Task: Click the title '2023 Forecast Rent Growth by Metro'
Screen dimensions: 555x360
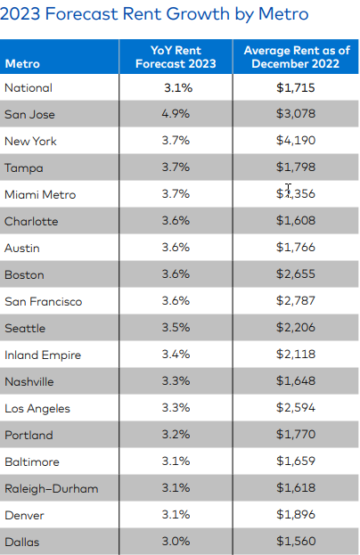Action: click(155, 14)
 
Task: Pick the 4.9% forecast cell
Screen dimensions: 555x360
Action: click(175, 115)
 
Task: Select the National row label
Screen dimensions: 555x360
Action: click(29, 88)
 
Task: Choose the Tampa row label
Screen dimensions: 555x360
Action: click(23, 168)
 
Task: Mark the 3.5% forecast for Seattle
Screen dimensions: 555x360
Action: click(175, 329)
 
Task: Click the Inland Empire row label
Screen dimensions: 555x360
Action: click(43, 355)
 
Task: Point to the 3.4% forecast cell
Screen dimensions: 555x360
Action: click(175, 355)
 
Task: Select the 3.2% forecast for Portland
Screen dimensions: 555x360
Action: click(175, 436)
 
